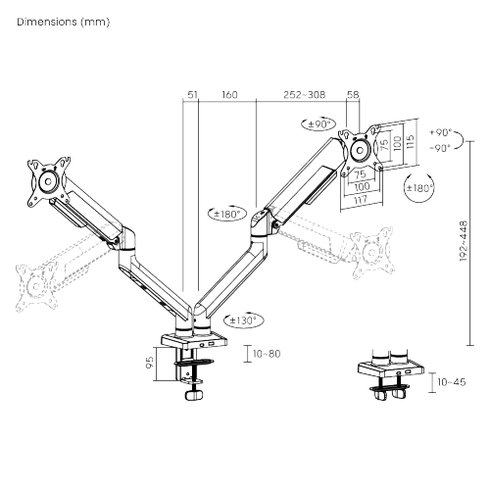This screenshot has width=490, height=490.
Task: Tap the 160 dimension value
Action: [228, 95]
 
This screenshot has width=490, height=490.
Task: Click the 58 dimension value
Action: [354, 95]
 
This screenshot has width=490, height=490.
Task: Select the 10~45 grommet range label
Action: [452, 382]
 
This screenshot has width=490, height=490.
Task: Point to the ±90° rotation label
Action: [318, 124]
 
